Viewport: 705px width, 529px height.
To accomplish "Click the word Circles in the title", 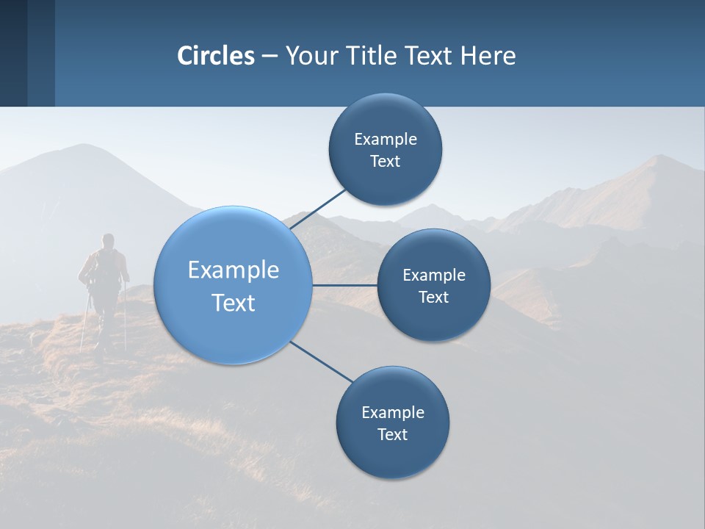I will pos(216,56).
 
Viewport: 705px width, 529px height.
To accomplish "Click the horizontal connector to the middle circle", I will pos(344,285).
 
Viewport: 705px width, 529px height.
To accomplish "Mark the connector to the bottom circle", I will pos(321,361).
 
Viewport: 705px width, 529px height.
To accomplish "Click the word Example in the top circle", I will pos(385,139).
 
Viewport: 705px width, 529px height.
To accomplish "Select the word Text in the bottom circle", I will pos(392,434).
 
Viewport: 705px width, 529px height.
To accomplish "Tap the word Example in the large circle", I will pos(234,270).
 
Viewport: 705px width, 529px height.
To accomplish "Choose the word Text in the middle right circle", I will pos(433,297).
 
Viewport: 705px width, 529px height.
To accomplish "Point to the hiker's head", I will pos(108,240).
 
